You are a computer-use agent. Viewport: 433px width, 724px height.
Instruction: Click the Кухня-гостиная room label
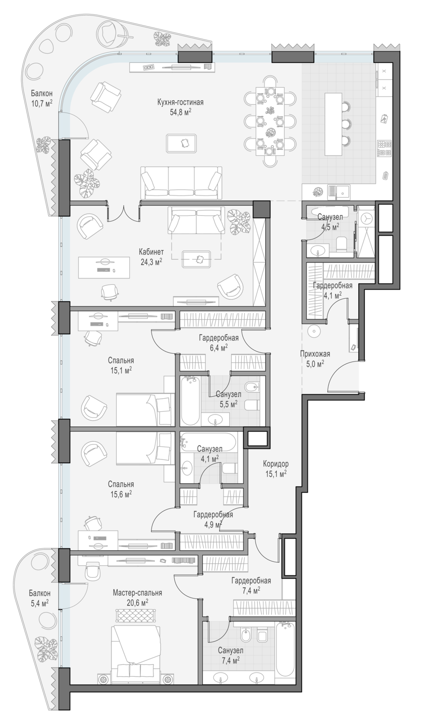pos(181,102)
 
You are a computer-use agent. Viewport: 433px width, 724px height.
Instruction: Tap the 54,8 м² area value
pos(181,112)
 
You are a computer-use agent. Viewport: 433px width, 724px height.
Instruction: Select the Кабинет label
pos(151,252)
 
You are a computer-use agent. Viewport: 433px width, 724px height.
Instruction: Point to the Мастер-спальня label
pos(137,593)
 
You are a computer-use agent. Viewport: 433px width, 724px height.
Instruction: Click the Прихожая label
pos(315,354)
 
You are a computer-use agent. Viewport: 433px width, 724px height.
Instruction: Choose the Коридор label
pos(276,464)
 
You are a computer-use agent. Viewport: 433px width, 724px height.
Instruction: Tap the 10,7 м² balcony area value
pos(42,103)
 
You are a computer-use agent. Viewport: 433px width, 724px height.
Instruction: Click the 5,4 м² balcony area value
pos(39,603)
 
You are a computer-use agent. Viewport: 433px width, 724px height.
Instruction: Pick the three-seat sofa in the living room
pos(182,183)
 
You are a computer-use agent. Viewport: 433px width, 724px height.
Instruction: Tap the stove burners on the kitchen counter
pos(384,148)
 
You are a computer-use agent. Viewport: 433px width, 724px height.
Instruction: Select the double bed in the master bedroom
pos(135,653)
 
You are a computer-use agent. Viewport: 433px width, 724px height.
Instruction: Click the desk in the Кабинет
pos(104,267)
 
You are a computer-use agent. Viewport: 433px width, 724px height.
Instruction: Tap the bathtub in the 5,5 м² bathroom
pos(190,401)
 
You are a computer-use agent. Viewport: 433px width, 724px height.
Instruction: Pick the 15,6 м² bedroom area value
pos(121,494)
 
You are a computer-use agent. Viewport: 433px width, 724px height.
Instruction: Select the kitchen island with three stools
pos(333,124)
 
